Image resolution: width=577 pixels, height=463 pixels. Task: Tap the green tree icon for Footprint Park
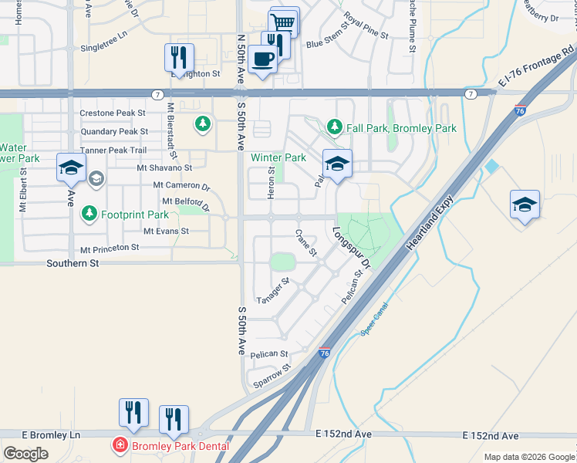click(x=89, y=214)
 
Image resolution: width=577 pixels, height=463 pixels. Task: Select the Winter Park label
click(x=278, y=158)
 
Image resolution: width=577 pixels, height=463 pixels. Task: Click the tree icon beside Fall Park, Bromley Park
click(x=334, y=127)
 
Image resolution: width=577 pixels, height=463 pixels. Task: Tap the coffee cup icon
click(x=262, y=59)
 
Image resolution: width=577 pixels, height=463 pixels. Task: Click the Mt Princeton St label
click(x=109, y=248)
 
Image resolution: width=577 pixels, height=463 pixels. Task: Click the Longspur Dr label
click(x=352, y=247)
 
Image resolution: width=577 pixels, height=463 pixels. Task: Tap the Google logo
click(x=25, y=453)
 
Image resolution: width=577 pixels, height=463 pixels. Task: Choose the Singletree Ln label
click(x=103, y=48)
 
